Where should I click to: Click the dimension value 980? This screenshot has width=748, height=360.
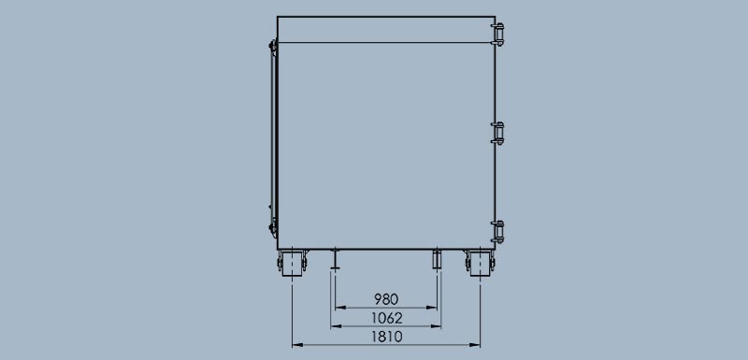[386, 299]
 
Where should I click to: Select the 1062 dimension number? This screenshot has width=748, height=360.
[386, 318]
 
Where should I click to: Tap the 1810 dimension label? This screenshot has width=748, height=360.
[386, 337]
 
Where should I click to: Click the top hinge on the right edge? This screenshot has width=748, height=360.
[498, 34]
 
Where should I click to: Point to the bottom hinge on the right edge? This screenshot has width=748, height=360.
[498, 228]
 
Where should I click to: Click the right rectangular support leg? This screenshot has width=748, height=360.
[436, 260]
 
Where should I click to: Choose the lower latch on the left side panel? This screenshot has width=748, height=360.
[271, 227]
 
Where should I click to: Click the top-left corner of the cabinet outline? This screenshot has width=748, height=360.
[279, 16]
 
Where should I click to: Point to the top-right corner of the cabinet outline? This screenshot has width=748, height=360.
[493, 16]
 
